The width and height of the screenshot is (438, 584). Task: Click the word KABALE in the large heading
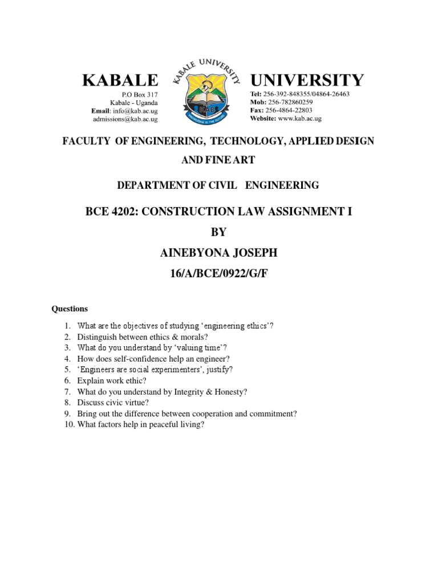click(x=119, y=80)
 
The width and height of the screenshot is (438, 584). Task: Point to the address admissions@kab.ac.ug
click(x=125, y=119)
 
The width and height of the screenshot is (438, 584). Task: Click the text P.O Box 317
click(x=140, y=94)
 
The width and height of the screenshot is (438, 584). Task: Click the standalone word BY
click(x=218, y=233)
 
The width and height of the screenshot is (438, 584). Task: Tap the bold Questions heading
click(x=70, y=309)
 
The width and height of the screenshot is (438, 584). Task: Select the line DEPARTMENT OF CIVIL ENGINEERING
click(x=218, y=185)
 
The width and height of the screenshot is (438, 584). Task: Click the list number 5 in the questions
click(x=67, y=370)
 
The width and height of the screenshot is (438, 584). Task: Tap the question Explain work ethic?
click(x=112, y=380)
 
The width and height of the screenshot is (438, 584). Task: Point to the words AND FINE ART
click(x=218, y=160)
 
